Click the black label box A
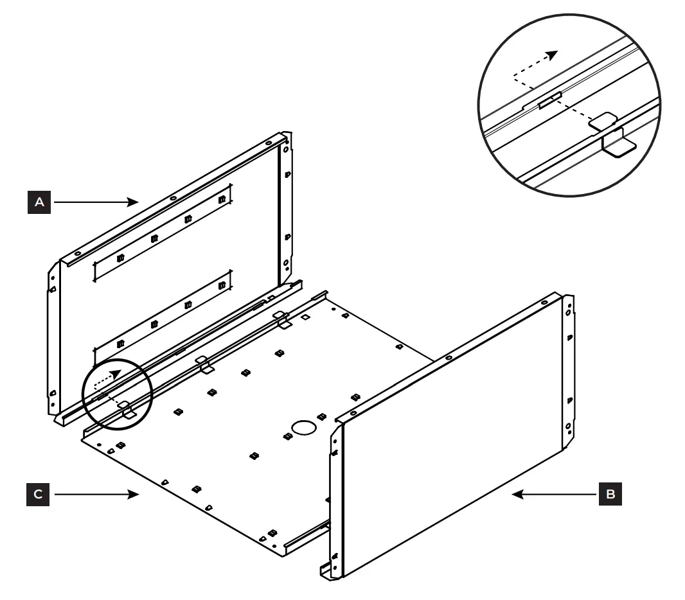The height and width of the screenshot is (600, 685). [x=40, y=202]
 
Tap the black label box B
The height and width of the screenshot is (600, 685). [x=610, y=494]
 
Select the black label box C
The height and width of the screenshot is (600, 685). [x=39, y=494]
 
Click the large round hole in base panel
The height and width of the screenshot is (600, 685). [x=304, y=427]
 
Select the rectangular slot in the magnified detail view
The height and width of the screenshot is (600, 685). [x=550, y=100]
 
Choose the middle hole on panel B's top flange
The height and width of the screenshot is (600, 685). [x=449, y=357]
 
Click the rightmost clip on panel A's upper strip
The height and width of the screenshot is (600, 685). [x=222, y=200]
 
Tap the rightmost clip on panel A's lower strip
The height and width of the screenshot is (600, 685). [x=222, y=285]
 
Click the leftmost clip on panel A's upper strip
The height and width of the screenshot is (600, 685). [x=120, y=258]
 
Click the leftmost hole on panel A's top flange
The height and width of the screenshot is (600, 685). [x=76, y=251]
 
